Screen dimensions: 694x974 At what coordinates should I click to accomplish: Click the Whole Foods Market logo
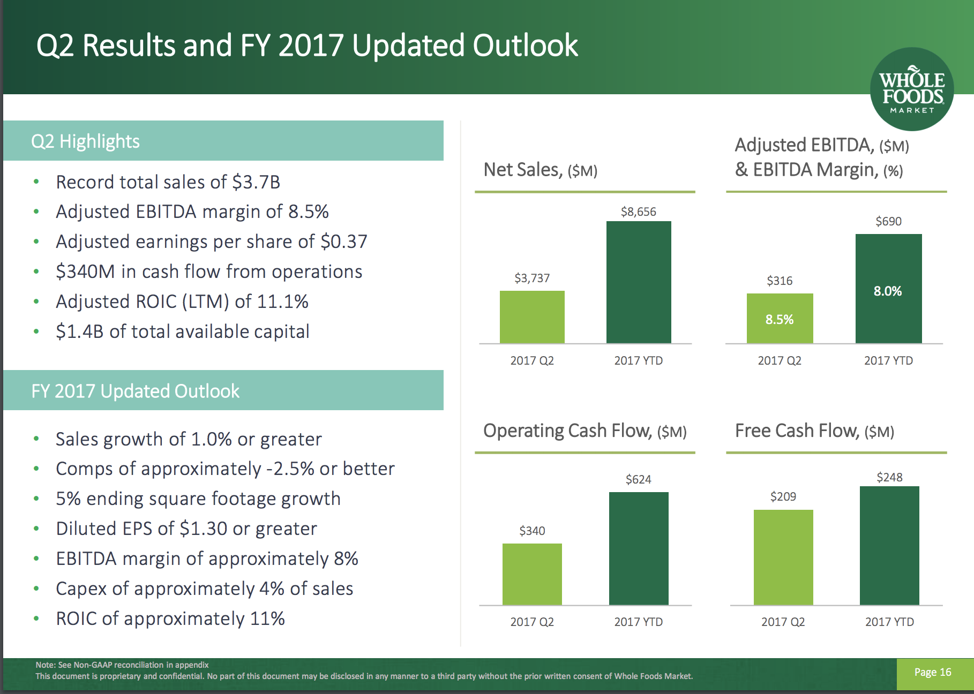[912, 89]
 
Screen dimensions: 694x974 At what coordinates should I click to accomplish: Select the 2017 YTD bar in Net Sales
[639, 282]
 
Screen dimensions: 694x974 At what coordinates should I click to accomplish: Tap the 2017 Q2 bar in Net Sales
[532, 317]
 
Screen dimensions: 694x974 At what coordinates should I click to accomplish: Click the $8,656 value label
[639, 212]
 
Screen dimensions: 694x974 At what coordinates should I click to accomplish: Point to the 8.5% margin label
[780, 320]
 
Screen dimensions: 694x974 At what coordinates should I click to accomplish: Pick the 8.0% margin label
[888, 291]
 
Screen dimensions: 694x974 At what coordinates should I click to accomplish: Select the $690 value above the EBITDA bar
[888, 222]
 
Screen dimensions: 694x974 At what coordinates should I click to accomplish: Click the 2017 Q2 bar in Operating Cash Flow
[532, 574]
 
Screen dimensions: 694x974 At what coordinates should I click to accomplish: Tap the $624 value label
[639, 479]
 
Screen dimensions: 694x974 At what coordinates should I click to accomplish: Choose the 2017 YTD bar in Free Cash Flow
[889, 546]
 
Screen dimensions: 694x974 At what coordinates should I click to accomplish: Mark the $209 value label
[783, 497]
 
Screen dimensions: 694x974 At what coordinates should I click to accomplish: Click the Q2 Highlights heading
[86, 141]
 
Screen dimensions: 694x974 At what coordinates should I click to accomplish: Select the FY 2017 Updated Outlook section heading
[135, 391]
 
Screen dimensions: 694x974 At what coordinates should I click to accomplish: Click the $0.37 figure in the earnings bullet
[344, 242]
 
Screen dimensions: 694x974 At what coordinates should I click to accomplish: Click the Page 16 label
[933, 673]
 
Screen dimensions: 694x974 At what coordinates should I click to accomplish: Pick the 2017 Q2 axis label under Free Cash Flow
[783, 622]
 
